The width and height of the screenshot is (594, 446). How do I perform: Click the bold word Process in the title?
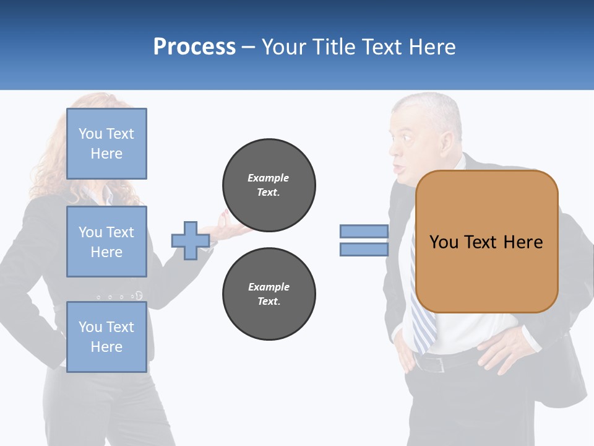point(194,47)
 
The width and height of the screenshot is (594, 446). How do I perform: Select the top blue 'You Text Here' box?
point(106,144)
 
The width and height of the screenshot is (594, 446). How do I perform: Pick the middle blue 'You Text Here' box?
point(106,242)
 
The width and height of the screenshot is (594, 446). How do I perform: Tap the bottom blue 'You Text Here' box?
point(106,336)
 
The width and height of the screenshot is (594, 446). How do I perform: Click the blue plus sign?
point(190,240)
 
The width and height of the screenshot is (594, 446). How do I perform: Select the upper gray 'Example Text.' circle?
point(269,185)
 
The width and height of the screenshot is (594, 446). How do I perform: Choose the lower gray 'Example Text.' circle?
point(269,294)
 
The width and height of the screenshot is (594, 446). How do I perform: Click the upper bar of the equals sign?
point(364,231)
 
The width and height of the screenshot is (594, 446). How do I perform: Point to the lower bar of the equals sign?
point(364,249)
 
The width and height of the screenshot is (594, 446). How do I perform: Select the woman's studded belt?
point(121,296)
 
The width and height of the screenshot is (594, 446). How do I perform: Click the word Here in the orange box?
point(522,242)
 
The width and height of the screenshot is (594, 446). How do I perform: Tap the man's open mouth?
point(400,168)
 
